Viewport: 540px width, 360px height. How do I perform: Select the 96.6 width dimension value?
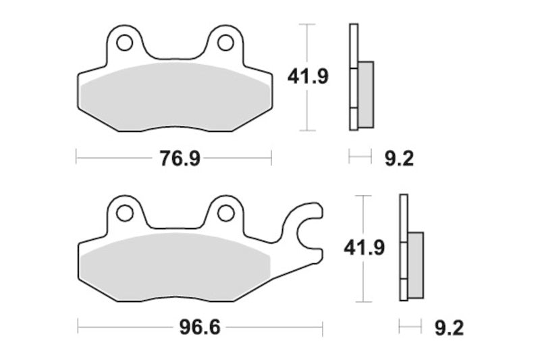200,329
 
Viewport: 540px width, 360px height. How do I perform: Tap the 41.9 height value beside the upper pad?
308,76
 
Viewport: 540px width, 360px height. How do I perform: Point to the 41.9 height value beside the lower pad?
364,248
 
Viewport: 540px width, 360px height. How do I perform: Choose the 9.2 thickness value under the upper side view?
398,159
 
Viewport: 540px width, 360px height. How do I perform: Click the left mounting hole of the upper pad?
124,43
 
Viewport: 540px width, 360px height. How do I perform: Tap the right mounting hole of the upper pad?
225,43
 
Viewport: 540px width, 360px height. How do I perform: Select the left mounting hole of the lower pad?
124,213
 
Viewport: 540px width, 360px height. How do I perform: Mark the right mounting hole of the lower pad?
225,213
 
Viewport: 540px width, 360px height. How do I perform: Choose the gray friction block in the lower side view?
416,264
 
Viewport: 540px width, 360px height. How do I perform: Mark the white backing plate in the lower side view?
404,247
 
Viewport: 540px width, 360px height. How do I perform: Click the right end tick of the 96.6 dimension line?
323,329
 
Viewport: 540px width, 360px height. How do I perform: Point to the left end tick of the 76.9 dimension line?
76,159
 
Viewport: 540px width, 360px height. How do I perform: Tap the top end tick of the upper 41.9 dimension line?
308,24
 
